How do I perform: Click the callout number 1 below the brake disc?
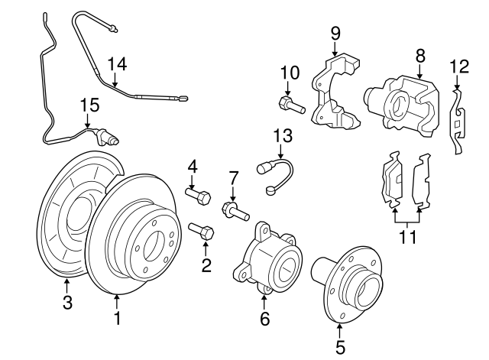point(117,316)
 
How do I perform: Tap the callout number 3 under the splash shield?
point(67,303)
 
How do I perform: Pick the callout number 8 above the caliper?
point(419,56)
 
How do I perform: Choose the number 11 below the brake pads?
point(408,236)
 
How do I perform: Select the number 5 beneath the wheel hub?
point(340,348)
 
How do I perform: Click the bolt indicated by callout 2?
point(201,230)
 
